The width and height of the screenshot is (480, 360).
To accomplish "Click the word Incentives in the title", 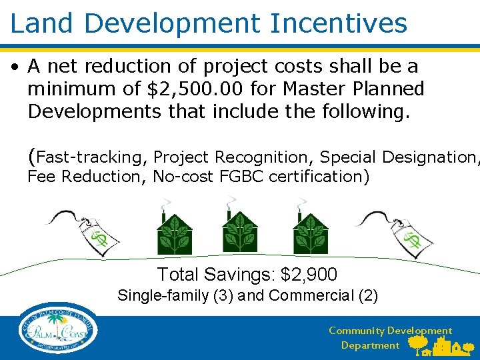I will (338, 23).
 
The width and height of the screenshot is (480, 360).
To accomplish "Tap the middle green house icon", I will (239, 231).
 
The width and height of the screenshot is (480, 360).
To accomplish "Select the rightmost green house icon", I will (311, 231).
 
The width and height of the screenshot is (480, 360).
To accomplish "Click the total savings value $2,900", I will (309, 274).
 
